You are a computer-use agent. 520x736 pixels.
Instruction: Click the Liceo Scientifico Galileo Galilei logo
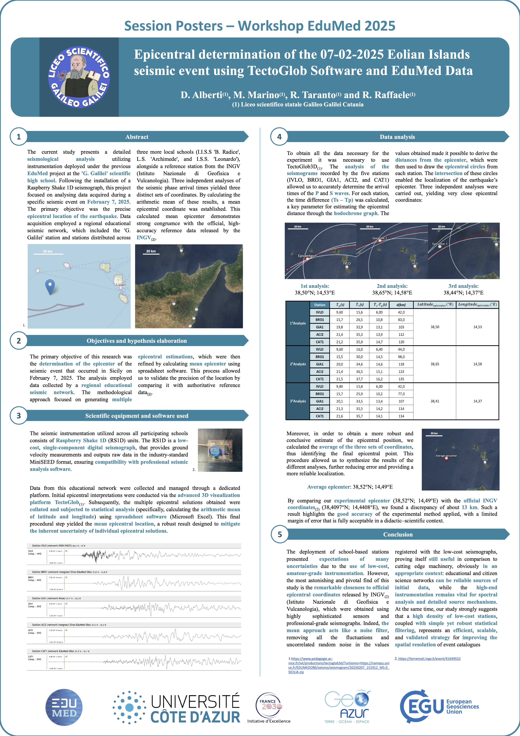tap(79, 77)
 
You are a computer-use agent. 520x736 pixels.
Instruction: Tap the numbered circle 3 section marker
tap(19, 415)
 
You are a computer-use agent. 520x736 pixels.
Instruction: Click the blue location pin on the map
tap(50, 286)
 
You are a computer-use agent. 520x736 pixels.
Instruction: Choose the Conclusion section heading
tap(398, 534)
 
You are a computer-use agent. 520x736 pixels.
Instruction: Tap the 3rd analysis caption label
tap(463, 286)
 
